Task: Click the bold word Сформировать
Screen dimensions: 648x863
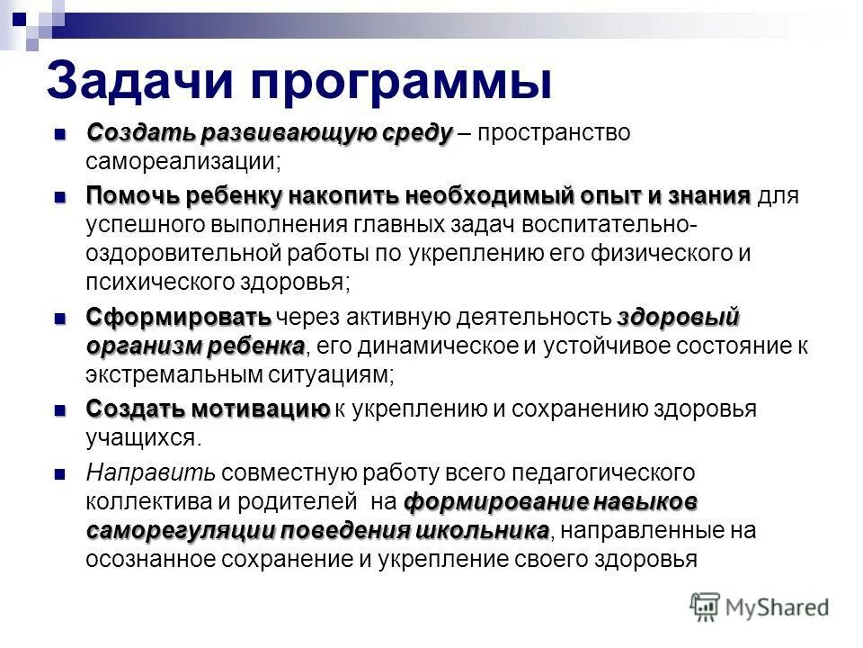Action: (x=178, y=317)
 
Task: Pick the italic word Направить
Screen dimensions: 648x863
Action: (x=150, y=472)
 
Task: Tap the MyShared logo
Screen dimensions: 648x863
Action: (x=760, y=606)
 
